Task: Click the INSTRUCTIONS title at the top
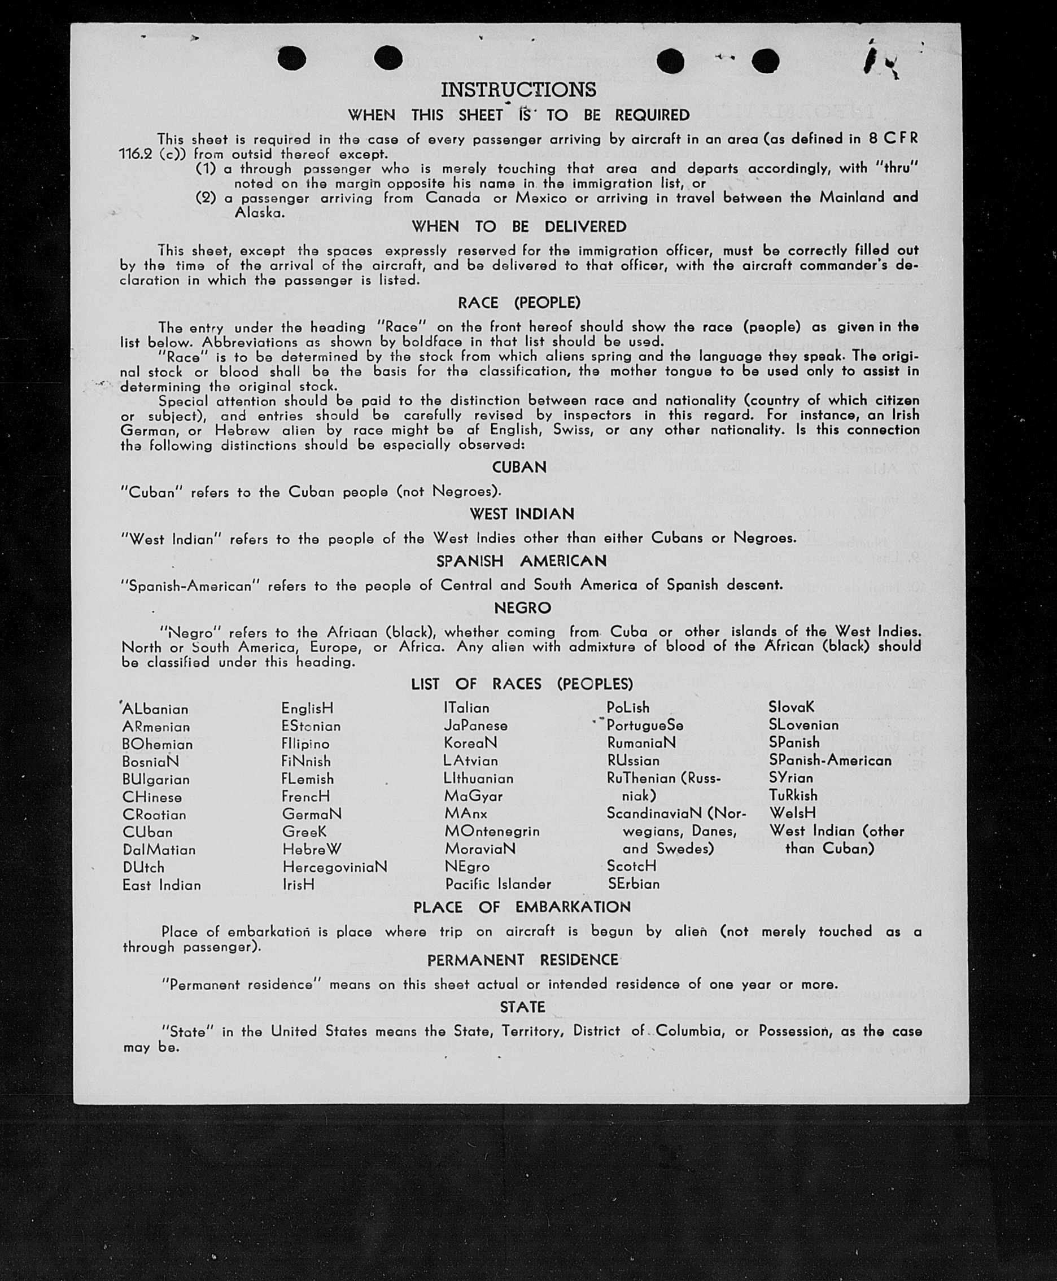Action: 518,90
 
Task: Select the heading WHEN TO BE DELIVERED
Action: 519,226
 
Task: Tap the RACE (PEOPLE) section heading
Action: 519,303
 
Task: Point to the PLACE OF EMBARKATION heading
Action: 522,907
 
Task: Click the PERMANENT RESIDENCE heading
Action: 522,960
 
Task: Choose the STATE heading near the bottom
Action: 522,1007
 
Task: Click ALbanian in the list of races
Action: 155,709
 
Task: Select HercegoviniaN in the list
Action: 334,867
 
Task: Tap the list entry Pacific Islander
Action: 497,884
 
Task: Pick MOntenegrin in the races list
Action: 492,831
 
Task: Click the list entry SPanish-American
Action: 830,760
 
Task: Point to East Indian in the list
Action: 161,885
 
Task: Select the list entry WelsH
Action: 792,813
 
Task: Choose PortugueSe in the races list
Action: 645,725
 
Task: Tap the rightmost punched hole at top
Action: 765,61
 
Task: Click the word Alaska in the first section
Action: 259,213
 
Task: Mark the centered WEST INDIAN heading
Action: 522,514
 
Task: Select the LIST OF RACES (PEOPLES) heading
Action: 522,684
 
